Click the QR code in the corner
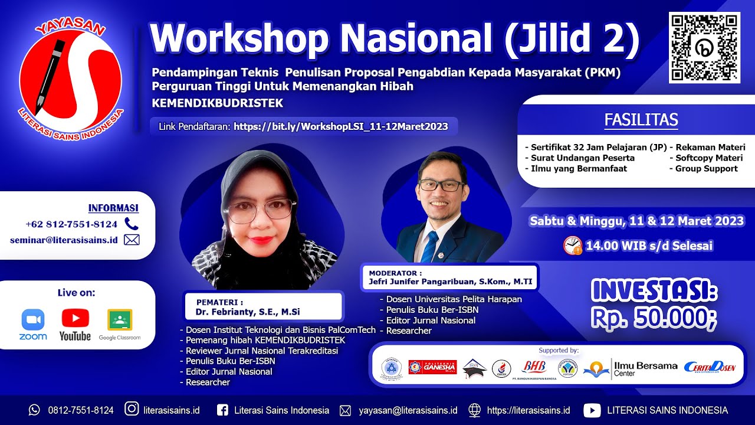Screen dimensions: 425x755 pos(704,47)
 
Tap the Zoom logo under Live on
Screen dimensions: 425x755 pos(33,323)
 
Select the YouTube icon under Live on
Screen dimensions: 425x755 pos(75,323)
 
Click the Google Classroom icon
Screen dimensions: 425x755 pos(120,323)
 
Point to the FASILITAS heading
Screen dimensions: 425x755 pos(641,120)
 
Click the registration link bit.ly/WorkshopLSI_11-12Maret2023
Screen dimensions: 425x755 pos(340,126)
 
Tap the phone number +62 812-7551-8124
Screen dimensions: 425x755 pos(71,224)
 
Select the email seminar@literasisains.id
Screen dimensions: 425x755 pos(64,240)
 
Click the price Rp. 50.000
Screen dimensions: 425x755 pos(654,318)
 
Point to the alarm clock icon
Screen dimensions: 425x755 pos(572,245)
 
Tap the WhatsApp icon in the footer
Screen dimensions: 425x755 pos(35,410)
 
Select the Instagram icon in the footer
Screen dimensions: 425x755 pos(132,410)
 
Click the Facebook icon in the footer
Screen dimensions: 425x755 pos(222,410)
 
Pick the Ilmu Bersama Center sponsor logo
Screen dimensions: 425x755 pos(631,368)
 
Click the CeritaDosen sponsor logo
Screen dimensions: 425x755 pos(710,367)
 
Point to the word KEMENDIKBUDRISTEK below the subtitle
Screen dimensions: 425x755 pos(218,103)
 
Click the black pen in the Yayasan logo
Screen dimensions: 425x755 pos(50,74)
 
